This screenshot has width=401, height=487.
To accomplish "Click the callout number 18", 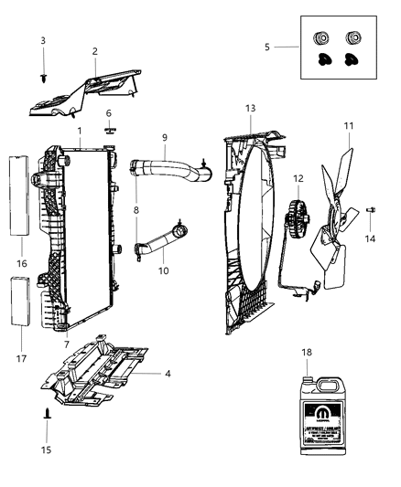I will click(x=308, y=351).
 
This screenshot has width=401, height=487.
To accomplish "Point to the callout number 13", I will click(x=250, y=108).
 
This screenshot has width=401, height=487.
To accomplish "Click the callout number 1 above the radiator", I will click(x=81, y=131).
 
